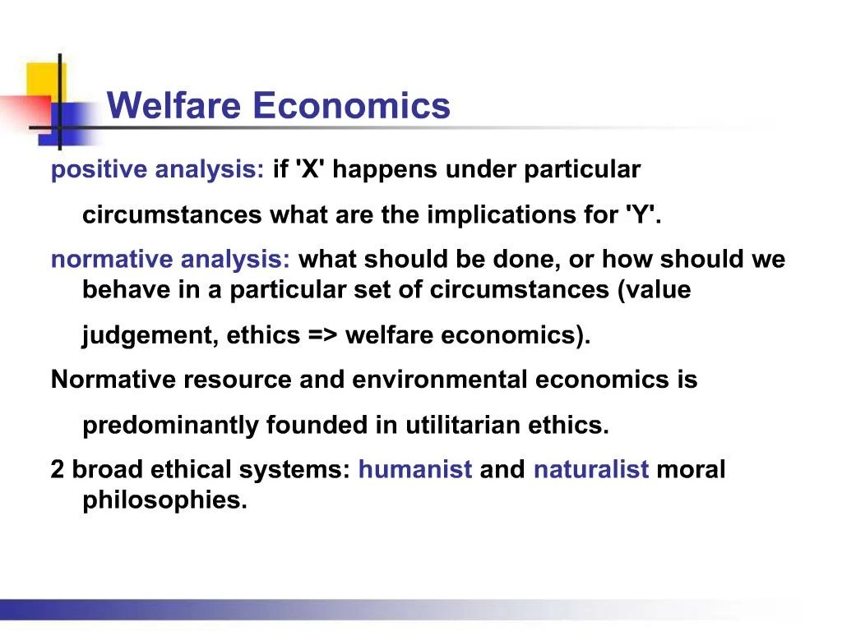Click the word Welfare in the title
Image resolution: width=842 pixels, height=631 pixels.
(x=175, y=106)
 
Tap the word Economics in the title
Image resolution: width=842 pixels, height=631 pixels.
(x=352, y=106)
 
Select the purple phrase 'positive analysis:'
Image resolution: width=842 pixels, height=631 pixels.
(x=157, y=171)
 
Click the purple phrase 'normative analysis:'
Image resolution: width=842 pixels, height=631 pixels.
(x=171, y=260)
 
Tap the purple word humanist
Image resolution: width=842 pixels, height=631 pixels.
(x=415, y=470)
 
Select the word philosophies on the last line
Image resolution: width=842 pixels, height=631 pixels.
(x=164, y=500)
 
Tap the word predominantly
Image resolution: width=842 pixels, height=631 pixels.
(x=171, y=426)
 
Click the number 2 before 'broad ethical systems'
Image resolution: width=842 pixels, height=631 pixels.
(x=58, y=470)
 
